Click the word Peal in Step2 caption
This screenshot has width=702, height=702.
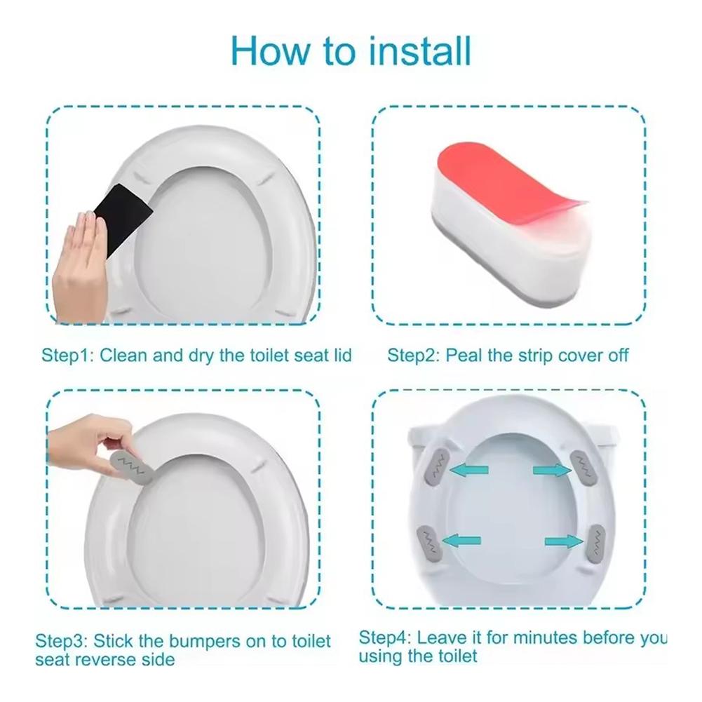pos(464,355)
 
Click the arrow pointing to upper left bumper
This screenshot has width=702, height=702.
pos(469,471)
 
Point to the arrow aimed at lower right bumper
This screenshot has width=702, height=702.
pos(563,540)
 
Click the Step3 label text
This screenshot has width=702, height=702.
pos(60,641)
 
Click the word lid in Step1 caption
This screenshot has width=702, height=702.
pos(342,355)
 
